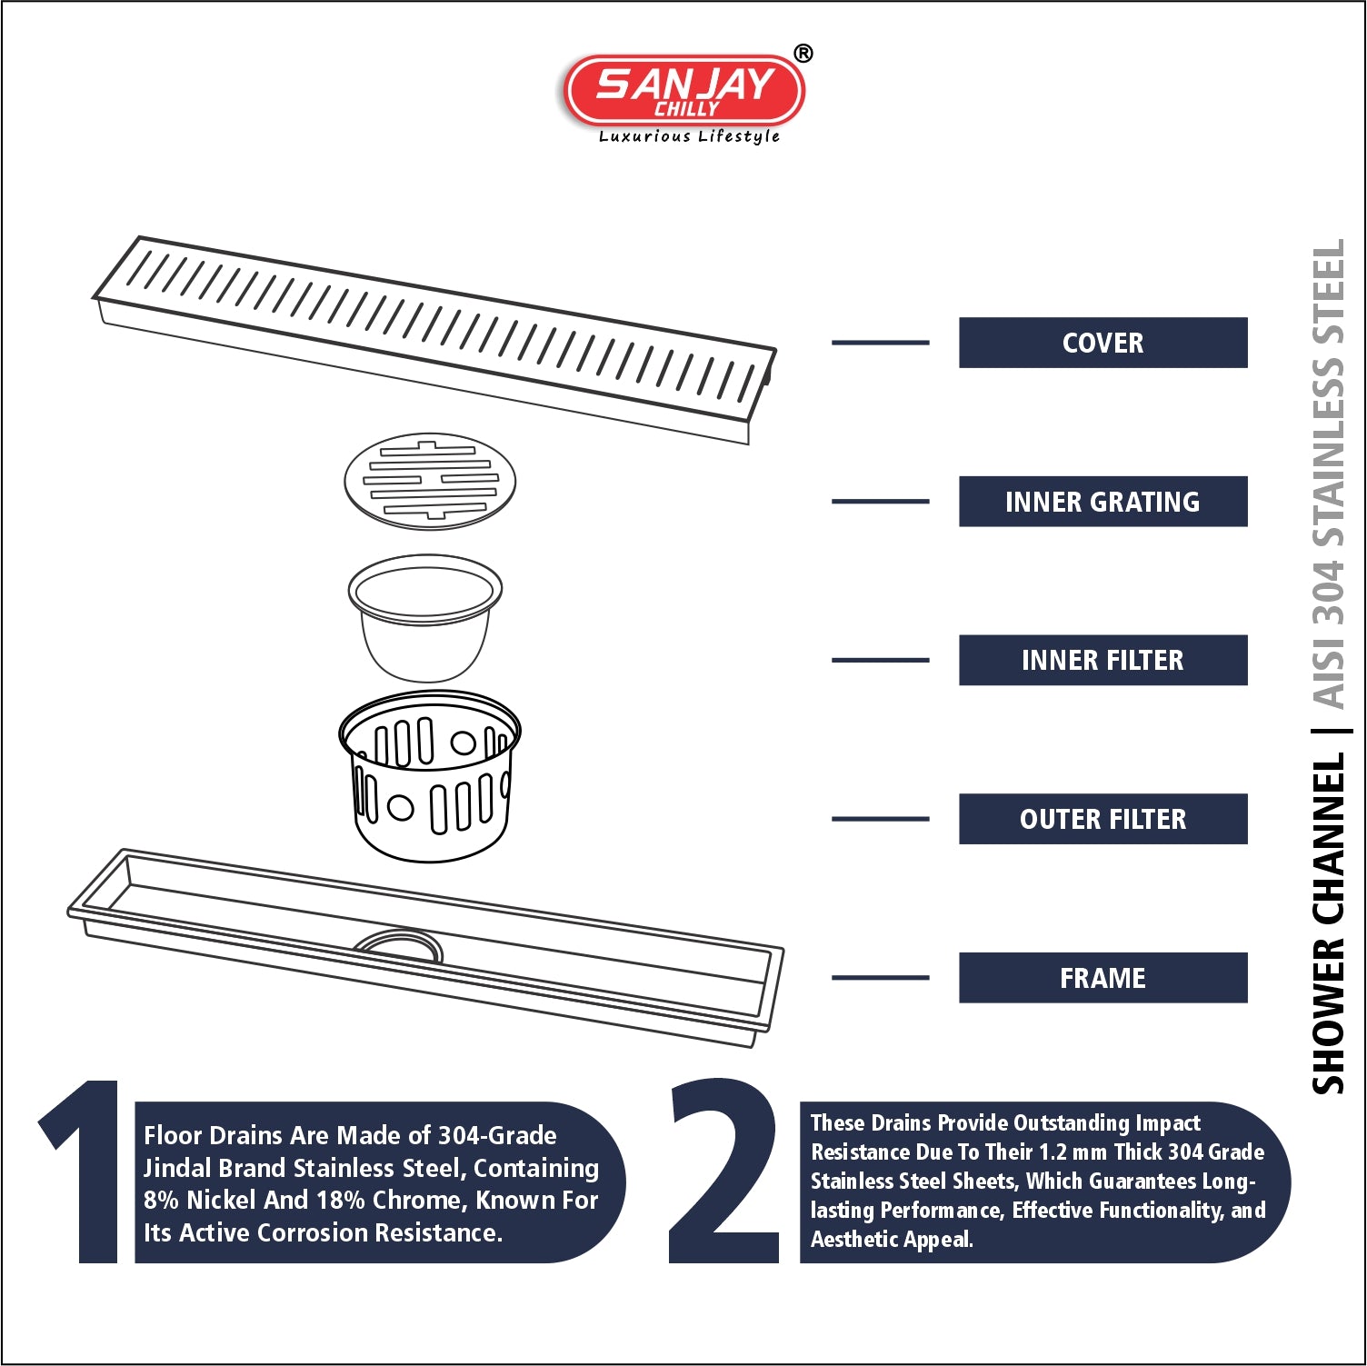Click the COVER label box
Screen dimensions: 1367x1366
1103,343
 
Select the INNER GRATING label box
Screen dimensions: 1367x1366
1103,502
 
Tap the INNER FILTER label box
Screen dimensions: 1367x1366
1103,660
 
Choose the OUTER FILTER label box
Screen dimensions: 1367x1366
1103,819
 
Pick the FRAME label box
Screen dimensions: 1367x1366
1103,978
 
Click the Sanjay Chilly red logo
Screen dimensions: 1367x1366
684,91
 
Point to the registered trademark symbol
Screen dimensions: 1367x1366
803,54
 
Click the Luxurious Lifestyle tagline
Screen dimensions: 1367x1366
689,136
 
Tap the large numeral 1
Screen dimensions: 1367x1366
82,1172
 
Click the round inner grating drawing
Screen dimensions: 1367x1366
430,481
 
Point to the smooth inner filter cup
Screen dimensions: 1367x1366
424,618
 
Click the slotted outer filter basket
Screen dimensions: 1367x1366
429,775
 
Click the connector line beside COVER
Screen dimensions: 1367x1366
880,343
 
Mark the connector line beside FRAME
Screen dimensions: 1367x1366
880,978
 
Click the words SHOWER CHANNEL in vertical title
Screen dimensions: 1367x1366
1328,922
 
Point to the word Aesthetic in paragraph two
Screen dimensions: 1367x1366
853,1240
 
